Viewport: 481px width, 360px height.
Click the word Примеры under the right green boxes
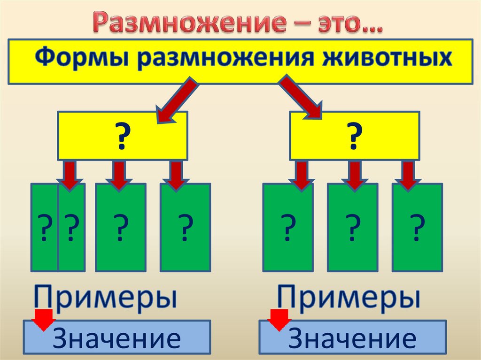pyautogui.click(x=348, y=297)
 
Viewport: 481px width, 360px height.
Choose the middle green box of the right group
pyautogui.click(x=352, y=228)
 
